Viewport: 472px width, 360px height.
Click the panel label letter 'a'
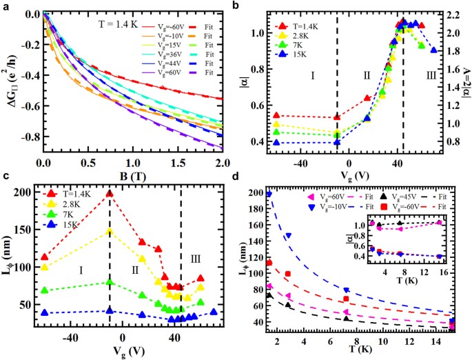tap(6, 6)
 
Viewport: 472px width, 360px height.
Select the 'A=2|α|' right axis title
tap(468, 83)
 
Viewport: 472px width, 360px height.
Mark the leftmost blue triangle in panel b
tap(277, 143)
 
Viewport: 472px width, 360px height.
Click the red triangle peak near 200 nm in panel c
tap(109, 193)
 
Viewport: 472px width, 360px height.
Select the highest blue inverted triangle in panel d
tap(269, 194)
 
